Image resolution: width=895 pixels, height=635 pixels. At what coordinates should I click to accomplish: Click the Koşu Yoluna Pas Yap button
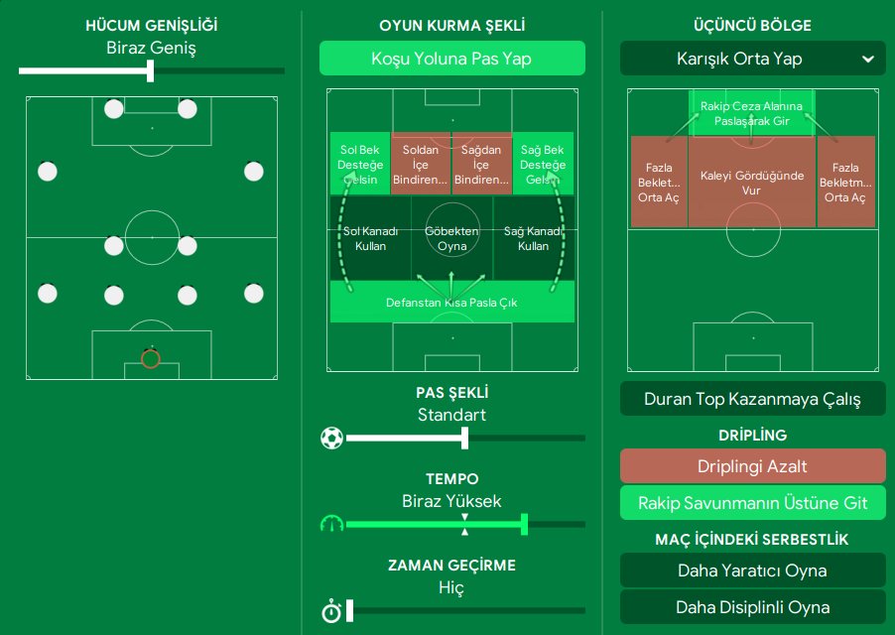(x=451, y=59)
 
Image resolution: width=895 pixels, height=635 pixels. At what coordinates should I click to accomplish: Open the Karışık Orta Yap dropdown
(x=752, y=59)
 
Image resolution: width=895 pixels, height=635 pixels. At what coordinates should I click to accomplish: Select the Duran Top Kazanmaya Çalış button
(x=752, y=400)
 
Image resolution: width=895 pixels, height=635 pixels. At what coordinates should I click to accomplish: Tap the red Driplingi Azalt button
(x=752, y=466)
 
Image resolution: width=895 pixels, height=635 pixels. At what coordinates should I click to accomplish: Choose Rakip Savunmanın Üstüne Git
(x=752, y=503)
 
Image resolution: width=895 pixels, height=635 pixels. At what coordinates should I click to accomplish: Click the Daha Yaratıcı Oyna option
(x=752, y=571)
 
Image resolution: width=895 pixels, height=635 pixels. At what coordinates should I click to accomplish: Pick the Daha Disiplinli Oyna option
(x=752, y=607)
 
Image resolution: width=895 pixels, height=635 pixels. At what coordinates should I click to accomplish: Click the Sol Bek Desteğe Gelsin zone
(x=360, y=164)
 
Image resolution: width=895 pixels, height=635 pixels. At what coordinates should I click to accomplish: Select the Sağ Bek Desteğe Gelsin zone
(x=543, y=164)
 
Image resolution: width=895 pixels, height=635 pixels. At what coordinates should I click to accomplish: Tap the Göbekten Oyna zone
(x=451, y=238)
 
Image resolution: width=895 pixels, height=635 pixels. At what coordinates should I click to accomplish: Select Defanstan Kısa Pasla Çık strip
(x=451, y=303)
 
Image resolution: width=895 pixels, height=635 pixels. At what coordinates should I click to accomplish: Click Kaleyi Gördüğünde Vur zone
(x=751, y=183)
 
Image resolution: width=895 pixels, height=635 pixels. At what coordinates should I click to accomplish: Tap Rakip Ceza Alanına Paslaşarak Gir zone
(x=751, y=112)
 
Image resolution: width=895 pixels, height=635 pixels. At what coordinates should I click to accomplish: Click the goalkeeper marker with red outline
(x=151, y=358)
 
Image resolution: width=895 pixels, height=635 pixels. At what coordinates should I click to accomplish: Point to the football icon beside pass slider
(x=331, y=438)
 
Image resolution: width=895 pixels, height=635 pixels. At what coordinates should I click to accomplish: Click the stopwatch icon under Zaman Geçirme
(x=331, y=611)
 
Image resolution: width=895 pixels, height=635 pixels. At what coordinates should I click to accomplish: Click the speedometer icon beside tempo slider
(x=331, y=524)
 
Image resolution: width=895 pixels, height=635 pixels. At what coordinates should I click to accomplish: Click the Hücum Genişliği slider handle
(x=151, y=70)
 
